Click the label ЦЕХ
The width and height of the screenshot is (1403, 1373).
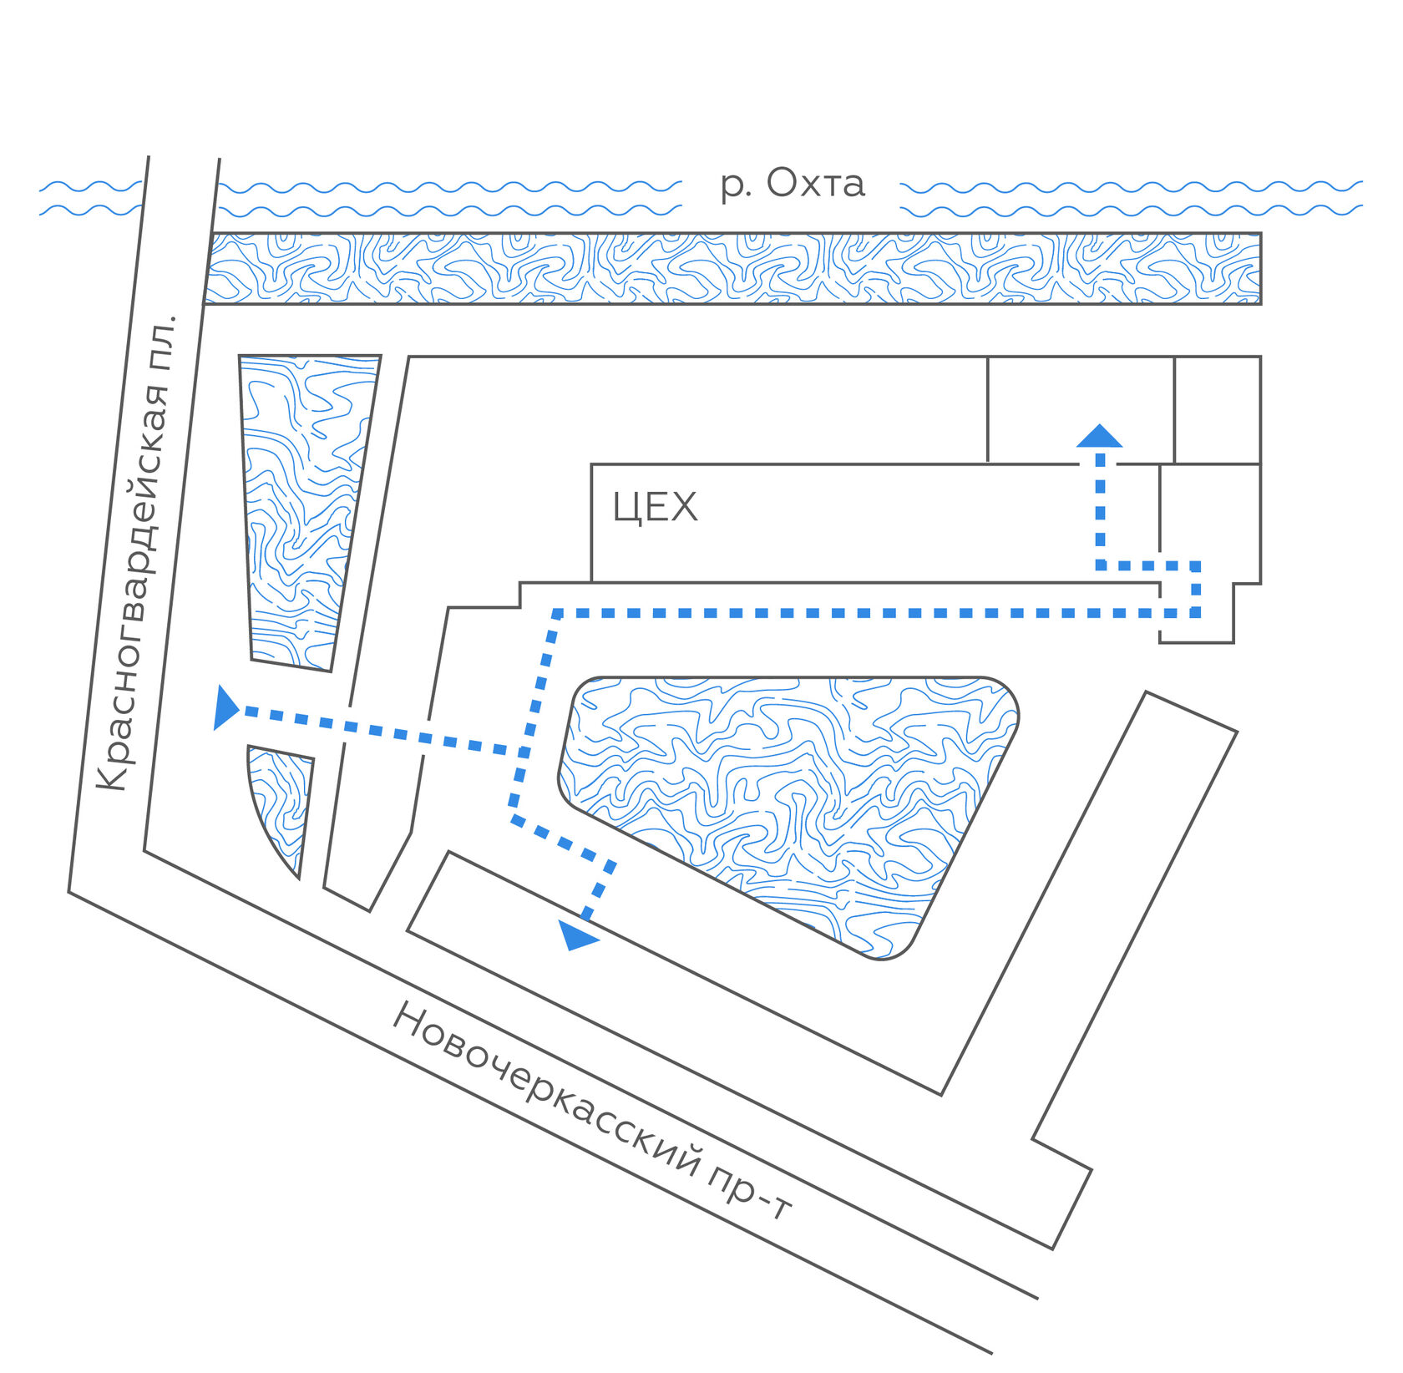(x=655, y=508)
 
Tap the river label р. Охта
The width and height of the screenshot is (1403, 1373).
(x=793, y=184)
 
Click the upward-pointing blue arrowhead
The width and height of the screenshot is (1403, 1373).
(x=1100, y=435)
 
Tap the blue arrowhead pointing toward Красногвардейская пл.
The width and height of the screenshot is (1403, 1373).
(x=226, y=708)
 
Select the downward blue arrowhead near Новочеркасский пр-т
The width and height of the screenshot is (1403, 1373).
(x=578, y=936)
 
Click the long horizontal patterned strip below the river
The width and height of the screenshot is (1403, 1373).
(x=733, y=268)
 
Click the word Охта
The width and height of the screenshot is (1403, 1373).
(x=815, y=183)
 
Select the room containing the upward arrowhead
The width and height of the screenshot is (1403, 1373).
(x=1081, y=410)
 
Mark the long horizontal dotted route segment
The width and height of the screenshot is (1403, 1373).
(x=877, y=614)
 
